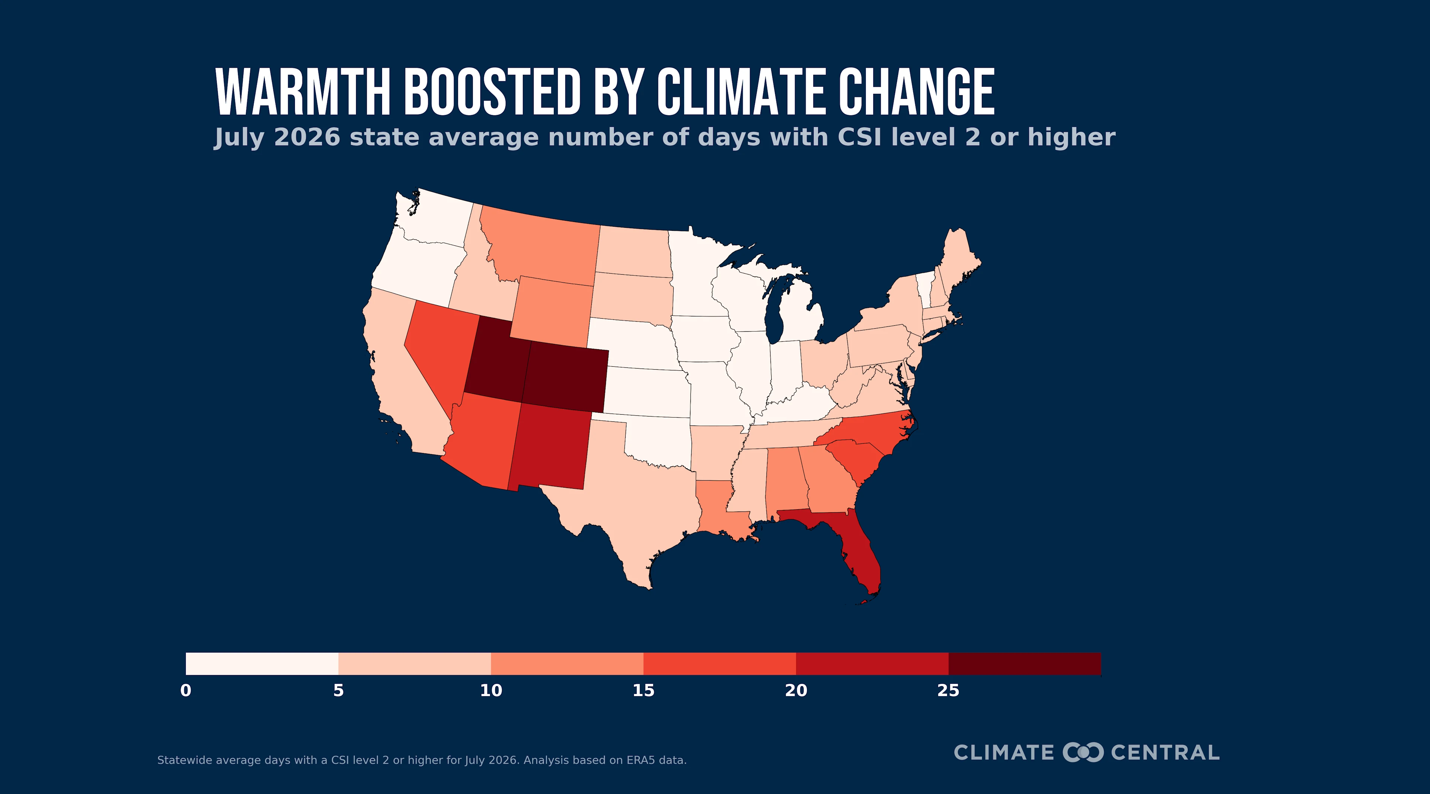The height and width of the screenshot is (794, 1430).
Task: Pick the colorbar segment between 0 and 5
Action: coord(262,664)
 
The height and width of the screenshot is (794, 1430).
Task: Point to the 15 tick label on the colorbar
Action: coord(643,691)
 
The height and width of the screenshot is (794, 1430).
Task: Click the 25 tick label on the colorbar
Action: coord(948,691)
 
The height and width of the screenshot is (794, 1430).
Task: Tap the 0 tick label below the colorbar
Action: coord(186,691)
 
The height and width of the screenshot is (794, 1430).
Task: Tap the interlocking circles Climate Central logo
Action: coord(1083,752)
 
